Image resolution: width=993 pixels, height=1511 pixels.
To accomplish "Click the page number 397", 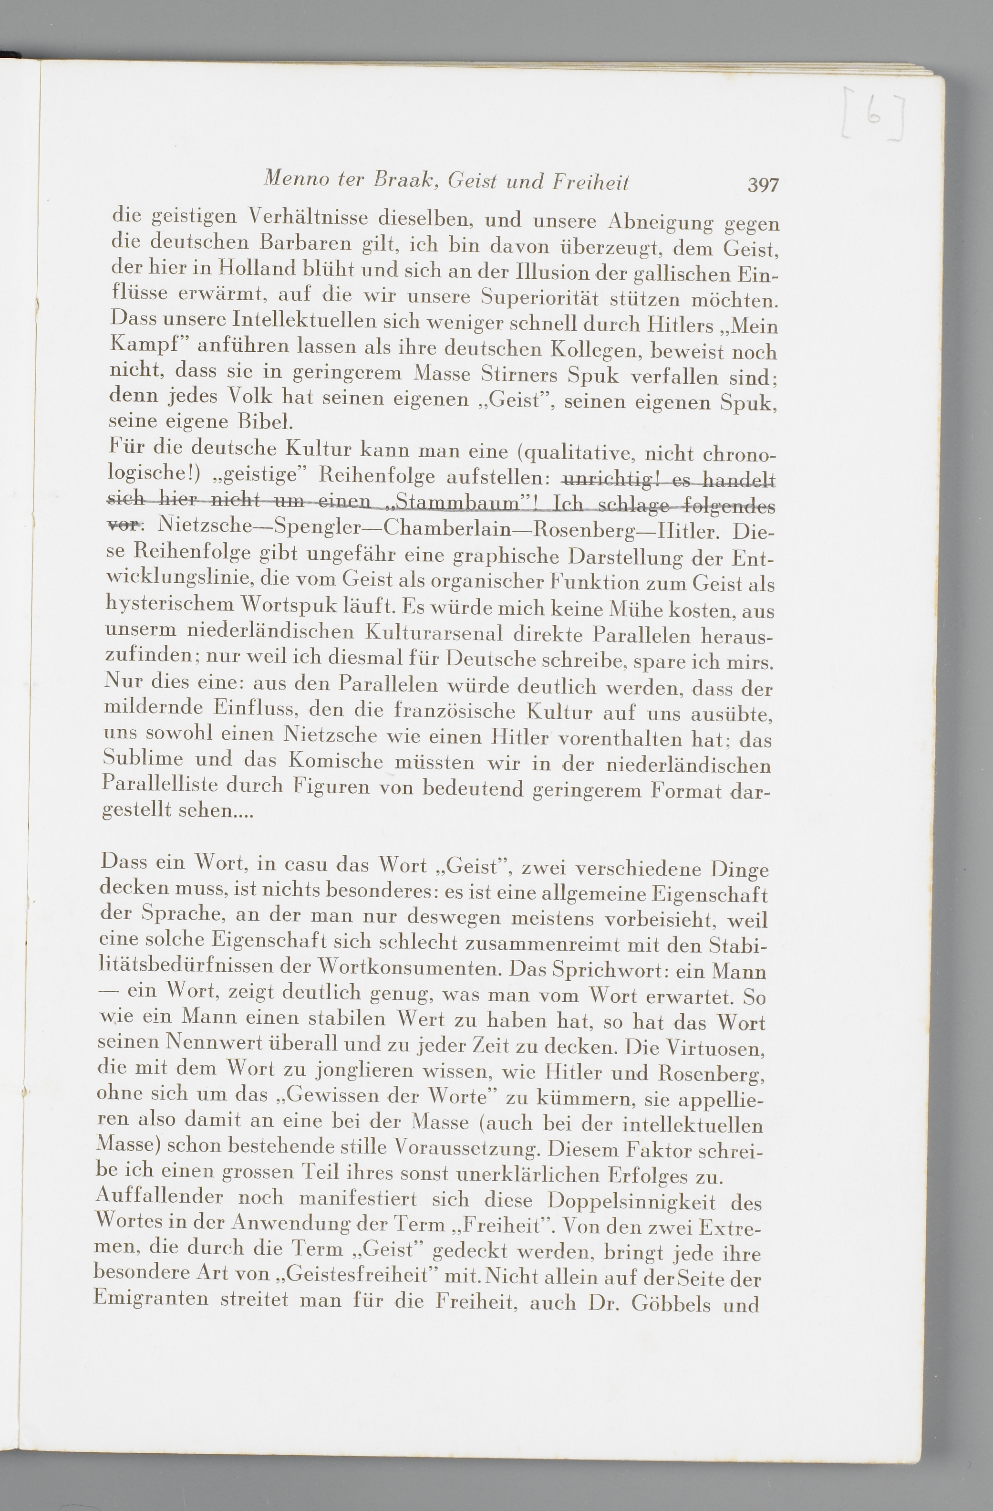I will (763, 185).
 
